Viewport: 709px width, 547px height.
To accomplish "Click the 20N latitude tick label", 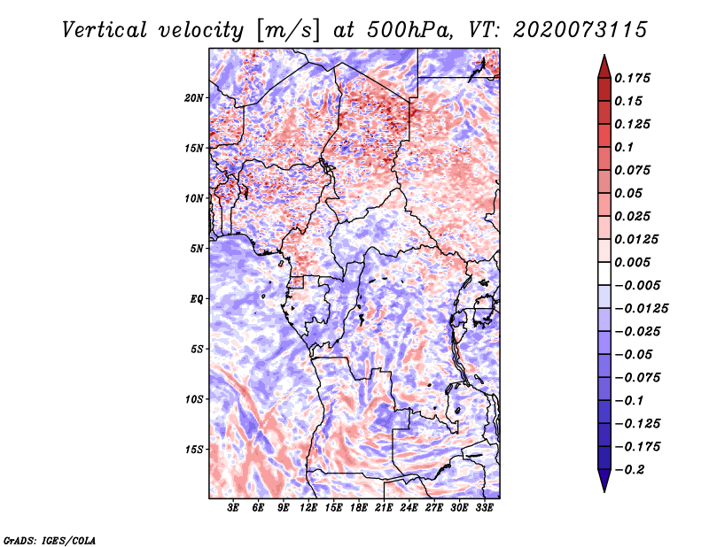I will click(194, 97).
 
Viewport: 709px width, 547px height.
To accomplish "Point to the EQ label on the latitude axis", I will click(196, 299).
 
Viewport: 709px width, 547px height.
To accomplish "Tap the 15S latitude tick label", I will click(194, 450).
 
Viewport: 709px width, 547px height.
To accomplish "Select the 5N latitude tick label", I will click(196, 249).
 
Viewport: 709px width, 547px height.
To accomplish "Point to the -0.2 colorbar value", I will click(631, 470).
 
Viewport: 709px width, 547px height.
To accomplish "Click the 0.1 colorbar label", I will click(627, 147).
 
